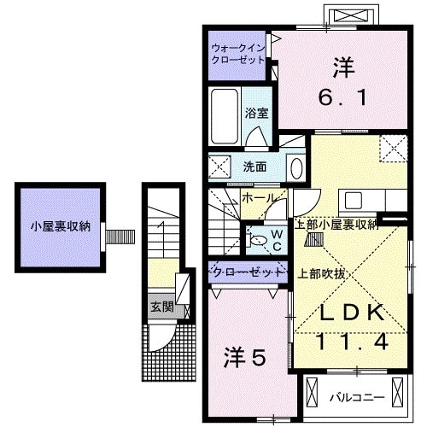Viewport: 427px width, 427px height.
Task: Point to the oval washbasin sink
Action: tap(295, 167)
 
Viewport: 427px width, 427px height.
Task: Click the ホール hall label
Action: tap(257, 197)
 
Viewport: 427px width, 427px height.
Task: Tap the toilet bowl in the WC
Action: tap(257, 242)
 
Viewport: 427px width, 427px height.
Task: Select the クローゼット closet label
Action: tap(247, 272)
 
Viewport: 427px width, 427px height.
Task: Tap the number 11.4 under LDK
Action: tap(351, 343)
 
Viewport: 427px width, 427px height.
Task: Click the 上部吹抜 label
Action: tap(321, 273)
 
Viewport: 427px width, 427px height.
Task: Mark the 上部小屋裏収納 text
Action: tap(336, 225)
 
